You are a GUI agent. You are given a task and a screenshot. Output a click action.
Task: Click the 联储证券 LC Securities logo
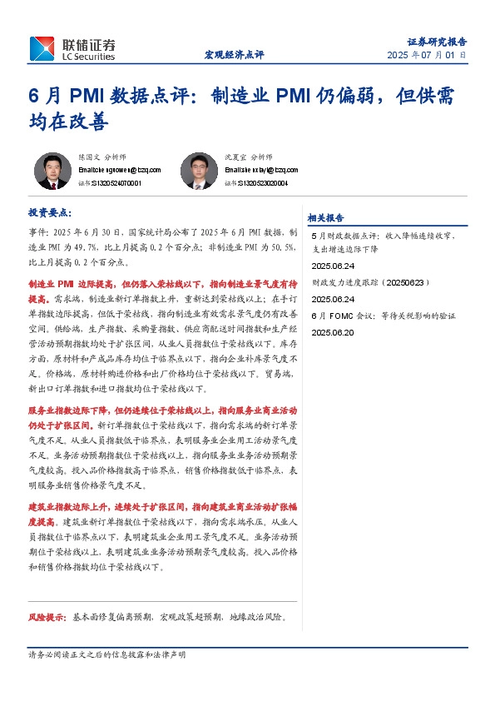72,48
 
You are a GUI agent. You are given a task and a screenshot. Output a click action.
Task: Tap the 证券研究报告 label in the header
437,41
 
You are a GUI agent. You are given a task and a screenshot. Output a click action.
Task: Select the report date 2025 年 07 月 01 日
427,55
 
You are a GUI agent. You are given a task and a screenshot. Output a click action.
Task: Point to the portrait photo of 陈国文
52,171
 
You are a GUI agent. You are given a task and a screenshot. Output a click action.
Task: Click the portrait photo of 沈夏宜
199,171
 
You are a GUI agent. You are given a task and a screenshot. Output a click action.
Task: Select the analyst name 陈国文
88,157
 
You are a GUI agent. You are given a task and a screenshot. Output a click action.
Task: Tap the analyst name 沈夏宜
235,157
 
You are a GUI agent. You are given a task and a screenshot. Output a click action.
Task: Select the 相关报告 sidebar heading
325,218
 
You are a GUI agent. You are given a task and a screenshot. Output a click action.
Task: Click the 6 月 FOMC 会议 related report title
383,316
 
